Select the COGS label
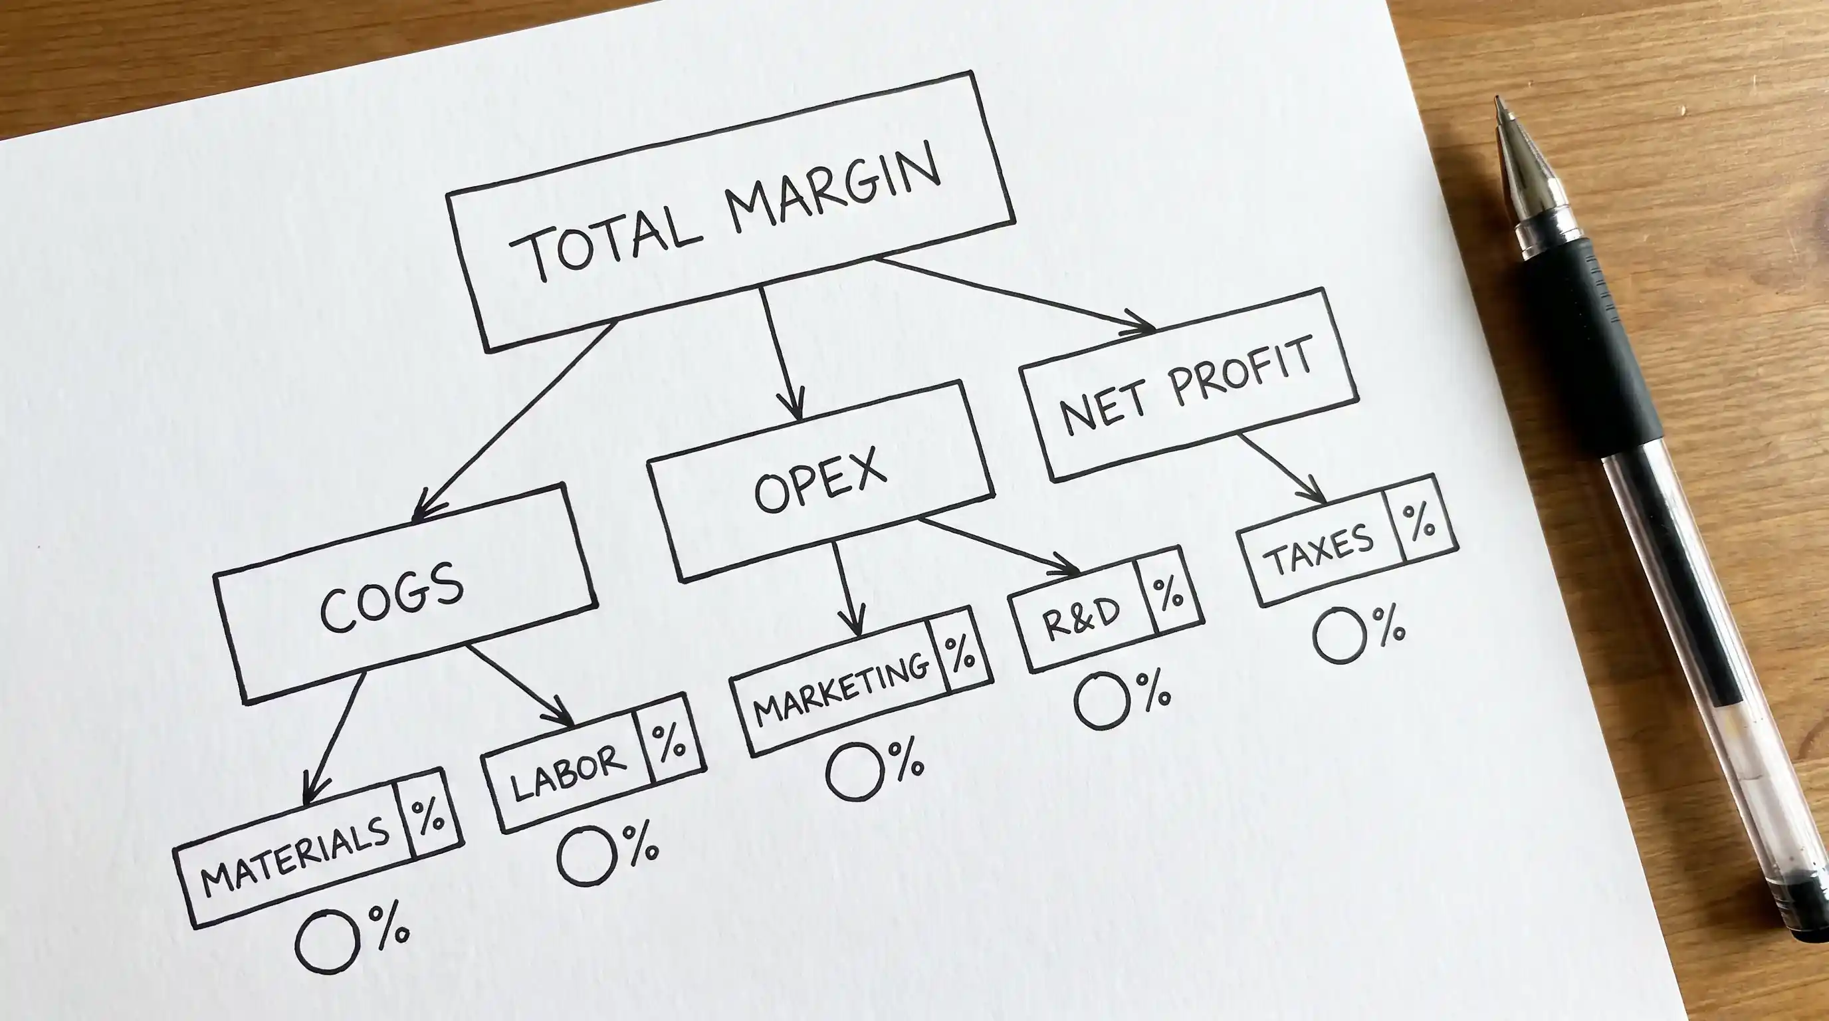point(391,596)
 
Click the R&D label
point(1081,617)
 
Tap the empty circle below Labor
point(586,855)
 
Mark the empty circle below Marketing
point(855,772)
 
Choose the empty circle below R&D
point(1101,700)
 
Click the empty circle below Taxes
point(1340,635)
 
